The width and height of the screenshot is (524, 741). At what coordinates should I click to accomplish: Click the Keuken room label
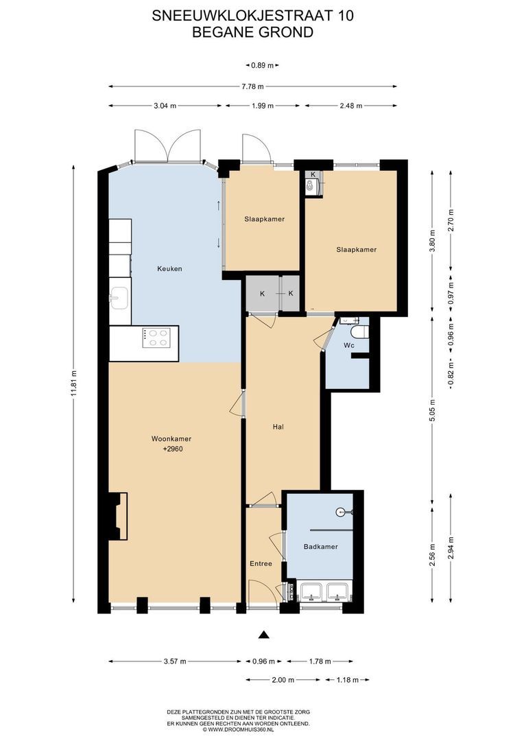click(169, 269)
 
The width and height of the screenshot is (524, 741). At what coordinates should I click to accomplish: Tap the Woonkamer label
click(171, 438)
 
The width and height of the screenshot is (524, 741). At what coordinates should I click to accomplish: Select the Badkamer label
click(320, 547)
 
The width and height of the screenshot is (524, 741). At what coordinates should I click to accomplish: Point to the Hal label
click(278, 427)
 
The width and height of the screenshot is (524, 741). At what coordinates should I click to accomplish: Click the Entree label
click(261, 563)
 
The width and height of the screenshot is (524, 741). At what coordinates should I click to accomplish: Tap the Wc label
click(348, 345)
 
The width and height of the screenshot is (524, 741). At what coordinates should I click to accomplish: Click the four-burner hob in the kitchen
click(156, 338)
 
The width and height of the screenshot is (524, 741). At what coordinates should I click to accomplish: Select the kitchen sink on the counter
click(119, 298)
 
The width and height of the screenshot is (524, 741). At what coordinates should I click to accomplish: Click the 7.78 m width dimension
click(253, 86)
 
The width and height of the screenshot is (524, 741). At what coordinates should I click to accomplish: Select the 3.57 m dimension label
click(175, 661)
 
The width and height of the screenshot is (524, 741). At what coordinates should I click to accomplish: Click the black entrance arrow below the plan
click(263, 635)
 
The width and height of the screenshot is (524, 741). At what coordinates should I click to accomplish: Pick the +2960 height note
click(172, 449)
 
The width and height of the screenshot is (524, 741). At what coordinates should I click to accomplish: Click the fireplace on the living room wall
click(118, 516)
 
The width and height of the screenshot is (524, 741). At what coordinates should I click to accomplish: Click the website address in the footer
click(238, 729)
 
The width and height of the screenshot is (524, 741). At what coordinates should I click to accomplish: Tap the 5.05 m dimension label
click(432, 409)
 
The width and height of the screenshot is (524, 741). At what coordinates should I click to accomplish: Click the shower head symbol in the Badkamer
click(341, 512)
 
